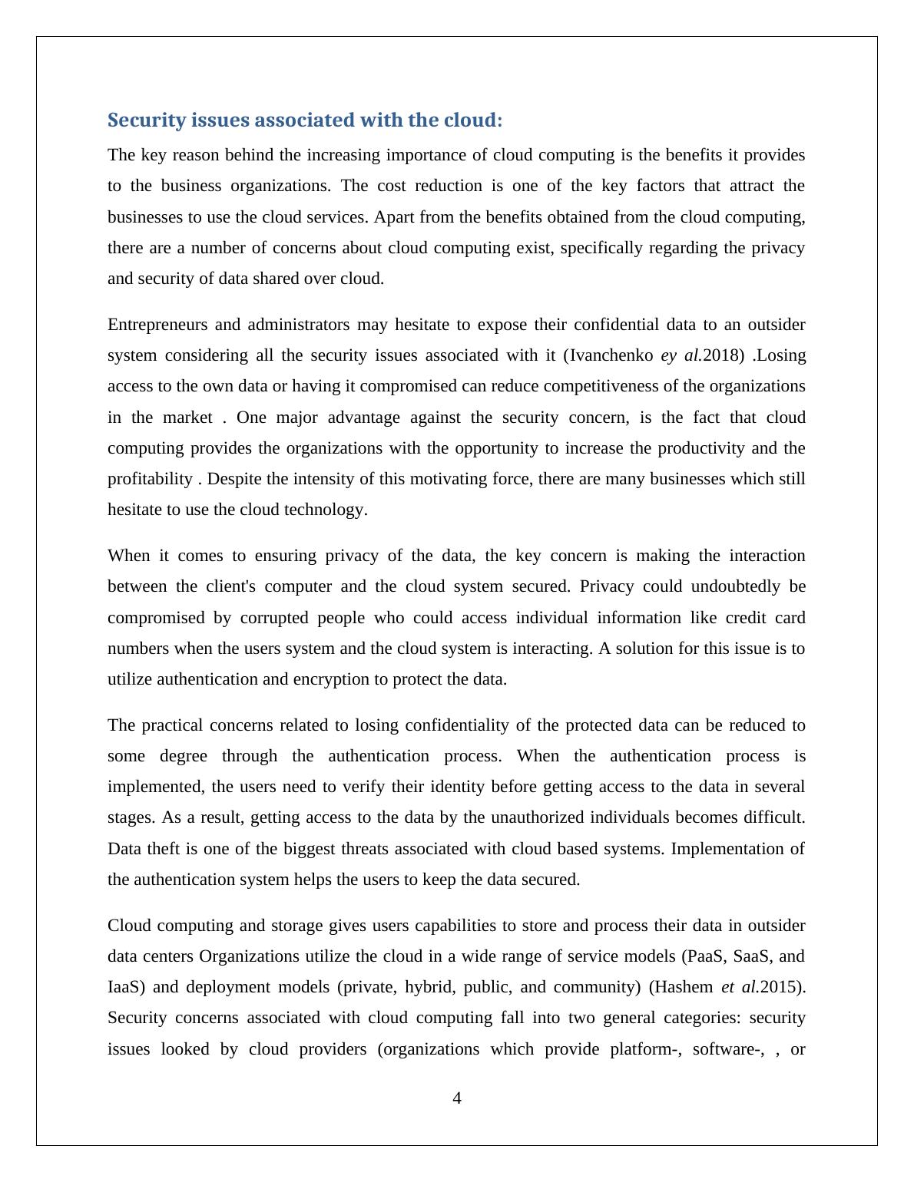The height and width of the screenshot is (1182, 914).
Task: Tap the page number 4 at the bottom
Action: point(457,1098)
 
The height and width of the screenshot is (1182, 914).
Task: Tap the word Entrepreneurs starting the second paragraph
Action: point(156,325)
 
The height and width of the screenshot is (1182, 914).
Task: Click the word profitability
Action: point(150,479)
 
